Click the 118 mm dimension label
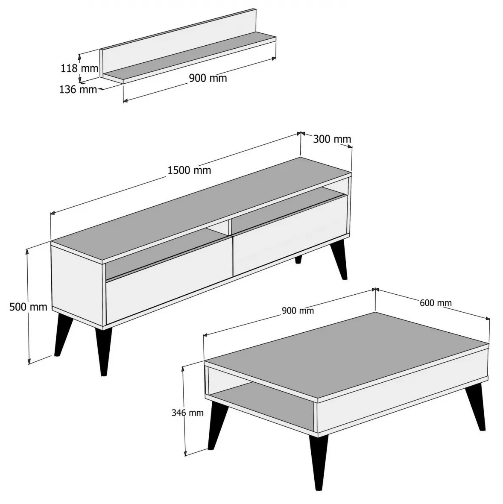[x=79, y=68]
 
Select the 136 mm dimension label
[x=78, y=89]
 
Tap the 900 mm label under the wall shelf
[x=208, y=78]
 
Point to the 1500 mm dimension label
[x=189, y=170]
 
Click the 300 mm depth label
[x=332, y=139]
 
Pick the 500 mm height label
[x=28, y=307]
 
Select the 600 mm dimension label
[x=436, y=302]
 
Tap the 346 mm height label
[x=187, y=413]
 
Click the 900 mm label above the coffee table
[x=298, y=311]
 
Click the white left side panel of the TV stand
[x=78, y=286]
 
